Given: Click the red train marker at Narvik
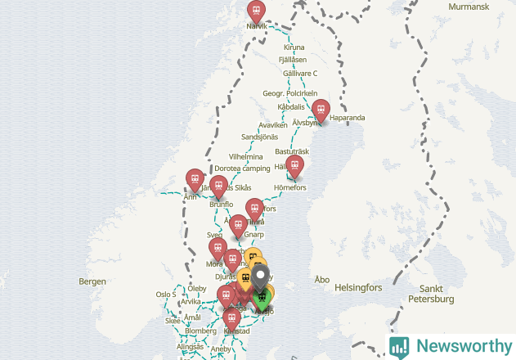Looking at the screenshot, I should click(x=257, y=11).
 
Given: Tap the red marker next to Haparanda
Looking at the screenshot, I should click(x=321, y=109).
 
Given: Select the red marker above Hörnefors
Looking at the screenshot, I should click(x=295, y=165).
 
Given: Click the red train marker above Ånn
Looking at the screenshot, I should click(x=195, y=178).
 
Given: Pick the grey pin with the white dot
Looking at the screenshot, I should click(x=262, y=277).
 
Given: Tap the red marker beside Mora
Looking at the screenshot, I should click(x=218, y=248).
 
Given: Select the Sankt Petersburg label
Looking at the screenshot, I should click(x=436, y=294).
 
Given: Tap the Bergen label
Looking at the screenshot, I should click(x=92, y=281).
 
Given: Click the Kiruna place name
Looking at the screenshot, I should click(x=294, y=47).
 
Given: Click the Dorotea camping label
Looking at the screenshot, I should click(x=242, y=169).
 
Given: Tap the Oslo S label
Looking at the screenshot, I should click(x=165, y=295).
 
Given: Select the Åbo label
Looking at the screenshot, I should click(x=322, y=280).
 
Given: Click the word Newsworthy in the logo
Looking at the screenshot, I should click(x=462, y=346).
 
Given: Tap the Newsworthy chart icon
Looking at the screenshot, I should click(x=399, y=346).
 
